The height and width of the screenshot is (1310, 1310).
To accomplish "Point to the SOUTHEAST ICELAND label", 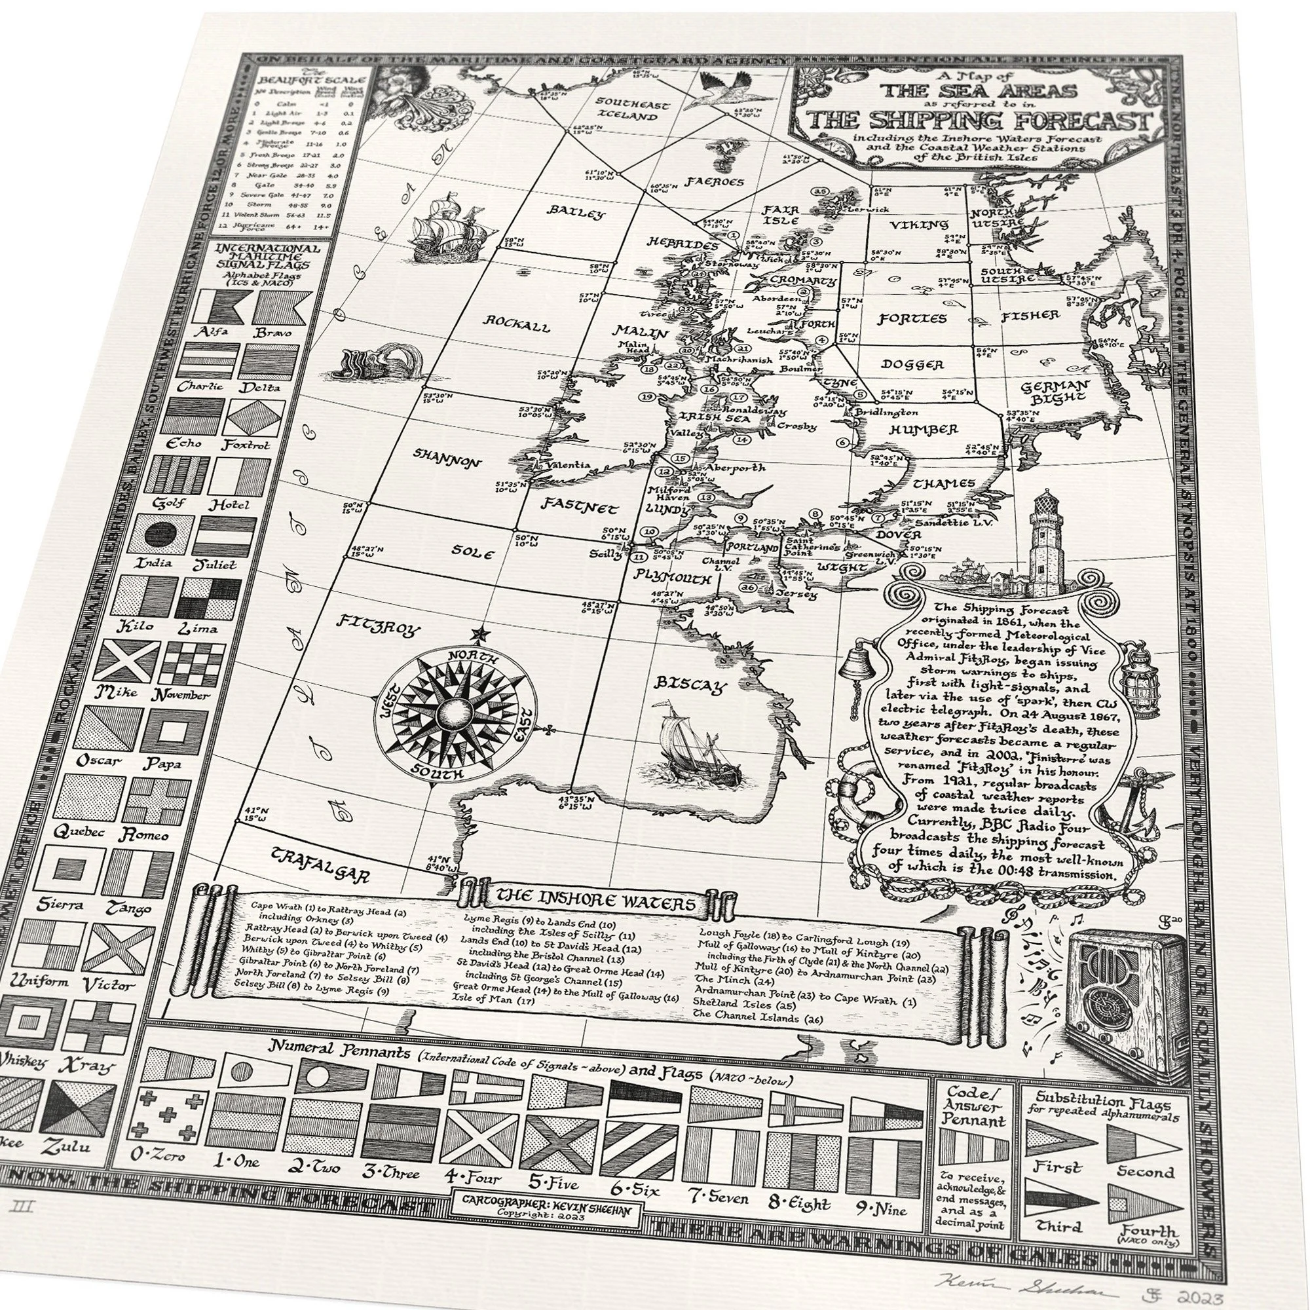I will pyautogui.click(x=631, y=110).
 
